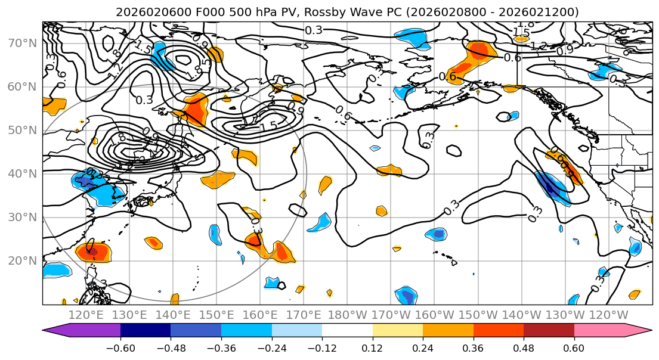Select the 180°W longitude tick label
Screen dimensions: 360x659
[347, 315]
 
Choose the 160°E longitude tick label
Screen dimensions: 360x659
[260, 315]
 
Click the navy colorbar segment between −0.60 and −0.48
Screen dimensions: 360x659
[146, 331]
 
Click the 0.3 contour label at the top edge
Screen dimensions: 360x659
[314, 30]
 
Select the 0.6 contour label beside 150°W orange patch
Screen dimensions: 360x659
[447, 76]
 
